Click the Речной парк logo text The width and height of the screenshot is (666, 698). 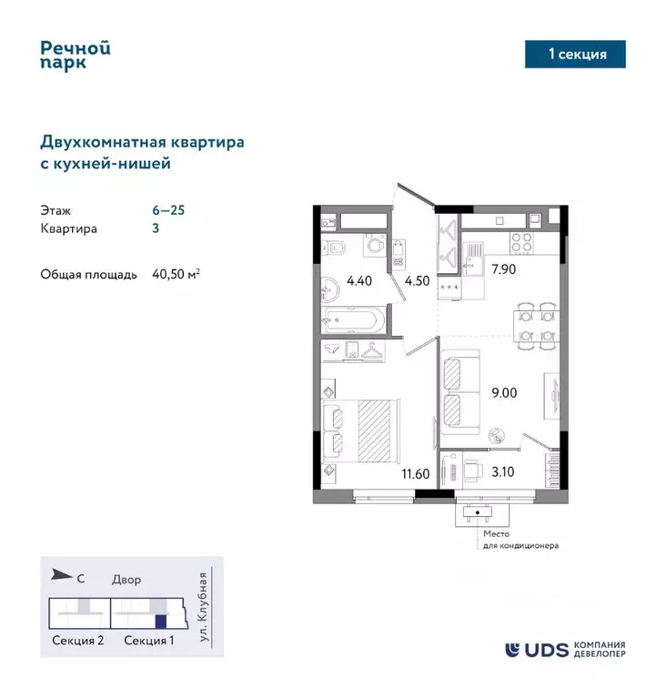(x=76, y=55)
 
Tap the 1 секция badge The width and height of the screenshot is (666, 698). (x=577, y=55)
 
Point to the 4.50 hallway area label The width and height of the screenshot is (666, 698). (x=417, y=280)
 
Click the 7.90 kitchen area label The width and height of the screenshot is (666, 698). (x=504, y=268)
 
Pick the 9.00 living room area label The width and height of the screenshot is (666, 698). (x=504, y=394)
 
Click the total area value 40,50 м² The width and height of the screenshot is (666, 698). (x=177, y=273)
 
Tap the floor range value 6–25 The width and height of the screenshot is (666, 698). (x=168, y=209)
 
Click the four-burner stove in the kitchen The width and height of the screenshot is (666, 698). (x=521, y=241)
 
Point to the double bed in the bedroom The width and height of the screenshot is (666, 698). (x=362, y=430)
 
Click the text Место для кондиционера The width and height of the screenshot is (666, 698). (x=520, y=540)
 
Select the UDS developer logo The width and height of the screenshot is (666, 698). (x=565, y=649)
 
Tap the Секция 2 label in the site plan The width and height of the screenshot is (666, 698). (x=77, y=641)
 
